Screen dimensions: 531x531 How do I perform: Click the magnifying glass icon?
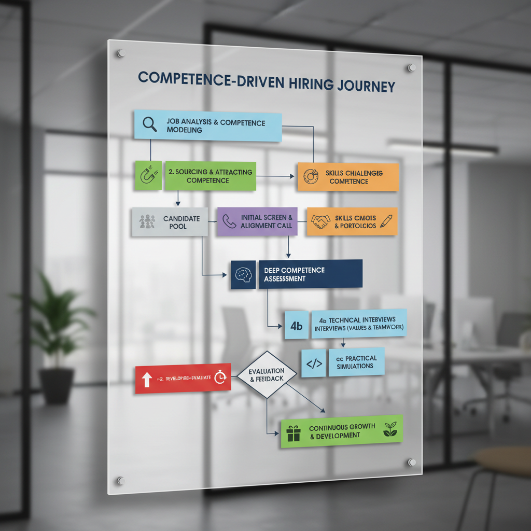[x=149, y=124]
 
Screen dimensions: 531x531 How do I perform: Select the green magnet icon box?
[x=147, y=175]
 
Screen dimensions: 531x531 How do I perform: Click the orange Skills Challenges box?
[x=347, y=177]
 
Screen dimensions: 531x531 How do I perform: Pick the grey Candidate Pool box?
[x=170, y=222]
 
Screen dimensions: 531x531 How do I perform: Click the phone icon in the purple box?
[x=229, y=221]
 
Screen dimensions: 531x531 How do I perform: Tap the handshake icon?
[x=320, y=221]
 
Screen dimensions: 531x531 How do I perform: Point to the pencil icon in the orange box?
[x=385, y=220]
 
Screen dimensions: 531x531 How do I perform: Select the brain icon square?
[x=243, y=275]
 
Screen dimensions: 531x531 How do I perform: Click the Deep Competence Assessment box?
[x=310, y=274]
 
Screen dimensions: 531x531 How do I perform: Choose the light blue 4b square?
[x=296, y=326]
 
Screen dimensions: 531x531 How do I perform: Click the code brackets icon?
[x=314, y=364]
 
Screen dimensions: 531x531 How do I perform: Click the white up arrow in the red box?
[x=146, y=380]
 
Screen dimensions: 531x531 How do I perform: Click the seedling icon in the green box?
[x=390, y=429]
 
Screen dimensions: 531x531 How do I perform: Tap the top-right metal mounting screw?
[x=412, y=67]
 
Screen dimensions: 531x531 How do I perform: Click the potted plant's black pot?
[x=56, y=385]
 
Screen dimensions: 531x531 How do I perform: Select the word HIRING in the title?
[x=296, y=85]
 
